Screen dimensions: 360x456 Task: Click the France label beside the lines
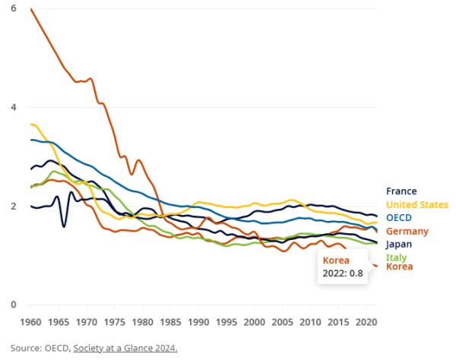tap(401, 191)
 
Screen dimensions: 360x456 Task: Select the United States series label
tap(417, 204)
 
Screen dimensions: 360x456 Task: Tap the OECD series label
tap(399, 218)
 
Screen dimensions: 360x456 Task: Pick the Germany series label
tap(407, 231)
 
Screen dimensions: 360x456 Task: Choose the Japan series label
tap(399, 245)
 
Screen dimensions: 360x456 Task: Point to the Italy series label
tap(396, 257)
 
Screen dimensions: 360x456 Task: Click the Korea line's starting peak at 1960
tap(31, 9)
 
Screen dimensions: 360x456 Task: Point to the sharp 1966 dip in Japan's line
tap(64, 226)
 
